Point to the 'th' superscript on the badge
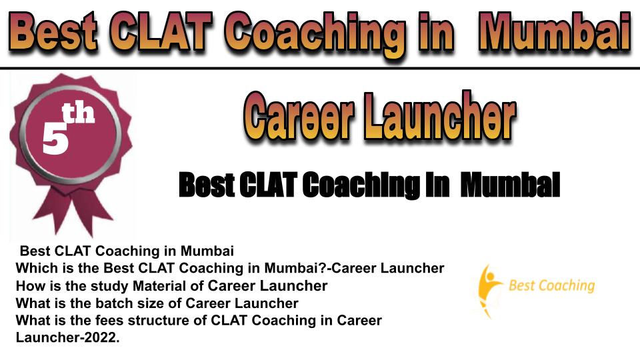79,113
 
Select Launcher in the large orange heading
440,116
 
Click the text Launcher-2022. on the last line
68,337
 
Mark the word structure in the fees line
159,321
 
